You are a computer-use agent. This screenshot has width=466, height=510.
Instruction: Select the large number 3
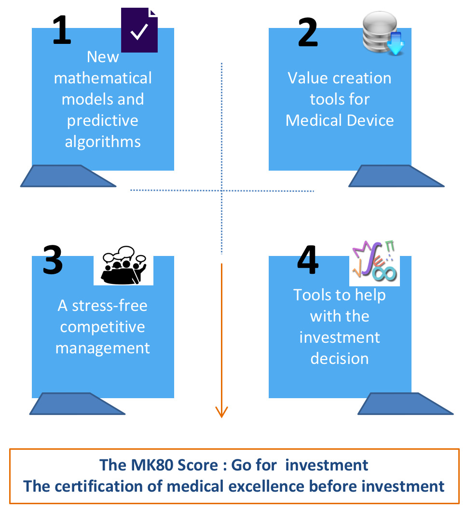click(53, 260)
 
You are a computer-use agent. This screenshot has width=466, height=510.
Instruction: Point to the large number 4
click(308, 261)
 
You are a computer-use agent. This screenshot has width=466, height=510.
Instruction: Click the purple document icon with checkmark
click(139, 30)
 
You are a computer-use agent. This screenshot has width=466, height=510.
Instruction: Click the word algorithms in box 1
click(103, 141)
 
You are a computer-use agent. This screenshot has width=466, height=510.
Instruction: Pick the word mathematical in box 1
click(103, 78)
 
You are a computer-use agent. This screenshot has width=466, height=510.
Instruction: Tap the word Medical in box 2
click(314, 120)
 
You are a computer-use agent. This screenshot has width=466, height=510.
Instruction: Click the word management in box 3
click(103, 348)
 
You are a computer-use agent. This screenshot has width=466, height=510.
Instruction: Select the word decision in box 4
click(339, 358)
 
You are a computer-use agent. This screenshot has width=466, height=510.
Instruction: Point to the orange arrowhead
click(221, 412)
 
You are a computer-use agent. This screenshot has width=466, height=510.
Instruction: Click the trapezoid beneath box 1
click(68, 176)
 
